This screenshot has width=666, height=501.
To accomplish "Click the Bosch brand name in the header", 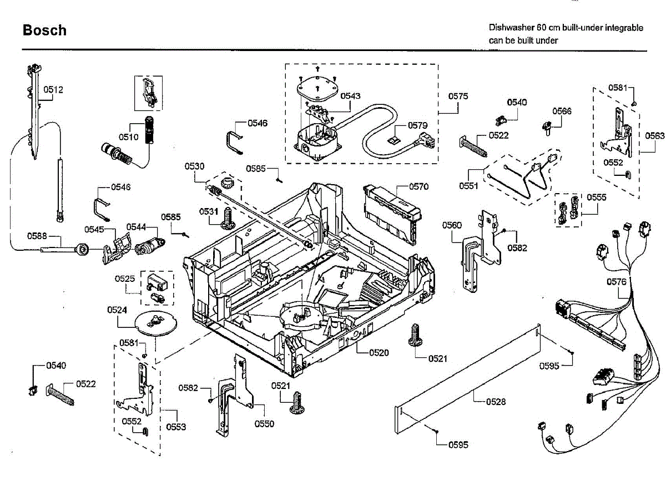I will pyautogui.click(x=44, y=30).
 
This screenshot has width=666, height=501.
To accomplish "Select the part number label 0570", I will pyautogui.click(x=419, y=186).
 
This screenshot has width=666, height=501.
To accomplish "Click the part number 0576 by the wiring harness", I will pyautogui.click(x=616, y=282).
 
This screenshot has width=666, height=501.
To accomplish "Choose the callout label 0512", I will pyautogui.click(x=54, y=89).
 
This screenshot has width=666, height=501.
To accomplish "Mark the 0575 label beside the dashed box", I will pyautogui.click(x=458, y=96).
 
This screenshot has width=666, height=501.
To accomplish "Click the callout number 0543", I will pyautogui.click(x=351, y=96).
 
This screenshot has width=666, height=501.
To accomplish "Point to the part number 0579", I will pyautogui.click(x=418, y=125).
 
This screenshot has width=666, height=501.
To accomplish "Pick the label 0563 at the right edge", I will pyautogui.click(x=654, y=135).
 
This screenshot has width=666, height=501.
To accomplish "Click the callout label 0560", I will pyautogui.click(x=452, y=225).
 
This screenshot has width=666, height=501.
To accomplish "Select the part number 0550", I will pyautogui.click(x=264, y=423).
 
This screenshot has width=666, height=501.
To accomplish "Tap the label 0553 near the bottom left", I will pyautogui.click(x=176, y=427).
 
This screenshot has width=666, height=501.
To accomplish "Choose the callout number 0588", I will pyautogui.click(x=37, y=236).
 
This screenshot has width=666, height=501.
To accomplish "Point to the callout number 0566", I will pyautogui.click(x=562, y=111).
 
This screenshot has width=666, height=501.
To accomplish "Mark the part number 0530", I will pyautogui.click(x=195, y=166).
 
